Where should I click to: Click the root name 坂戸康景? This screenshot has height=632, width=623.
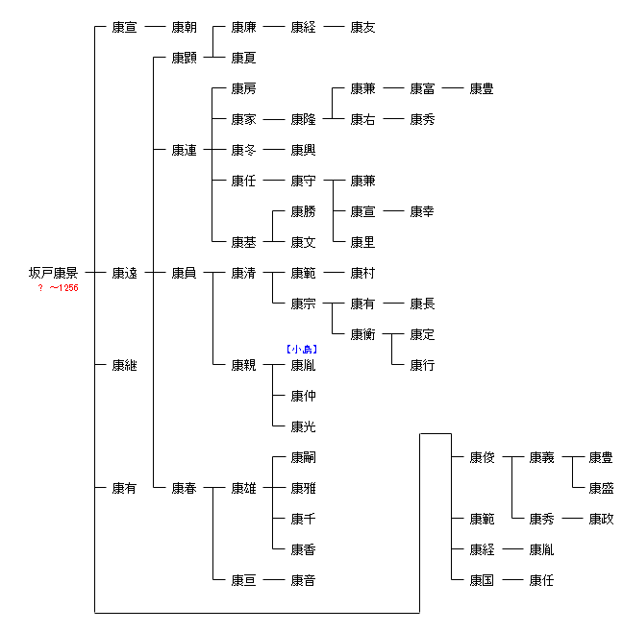[54, 273]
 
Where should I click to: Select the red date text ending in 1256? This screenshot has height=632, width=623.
[58, 288]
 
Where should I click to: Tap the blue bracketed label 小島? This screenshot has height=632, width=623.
[302, 350]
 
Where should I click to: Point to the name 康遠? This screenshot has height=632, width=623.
[124, 273]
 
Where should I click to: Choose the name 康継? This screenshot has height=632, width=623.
[124, 365]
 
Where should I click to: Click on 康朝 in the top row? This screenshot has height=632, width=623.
[184, 27]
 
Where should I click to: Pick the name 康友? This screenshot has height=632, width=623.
[362, 27]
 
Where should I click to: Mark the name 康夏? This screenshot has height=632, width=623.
[243, 58]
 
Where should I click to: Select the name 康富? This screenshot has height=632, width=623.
[422, 88]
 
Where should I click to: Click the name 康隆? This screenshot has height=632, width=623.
[303, 119]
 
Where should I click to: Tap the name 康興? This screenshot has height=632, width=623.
[303, 150]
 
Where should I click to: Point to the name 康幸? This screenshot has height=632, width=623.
[422, 211]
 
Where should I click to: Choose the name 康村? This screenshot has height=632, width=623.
[362, 273]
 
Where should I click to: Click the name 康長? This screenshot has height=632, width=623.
[422, 304]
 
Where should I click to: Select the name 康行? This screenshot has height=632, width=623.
[422, 365]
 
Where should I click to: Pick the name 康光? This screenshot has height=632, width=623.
[303, 426]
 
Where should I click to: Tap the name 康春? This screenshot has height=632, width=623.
[184, 488]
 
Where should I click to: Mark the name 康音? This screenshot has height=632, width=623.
[303, 580]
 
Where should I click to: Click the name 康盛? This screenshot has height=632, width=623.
[601, 488]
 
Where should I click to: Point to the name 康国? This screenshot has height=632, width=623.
[482, 580]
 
